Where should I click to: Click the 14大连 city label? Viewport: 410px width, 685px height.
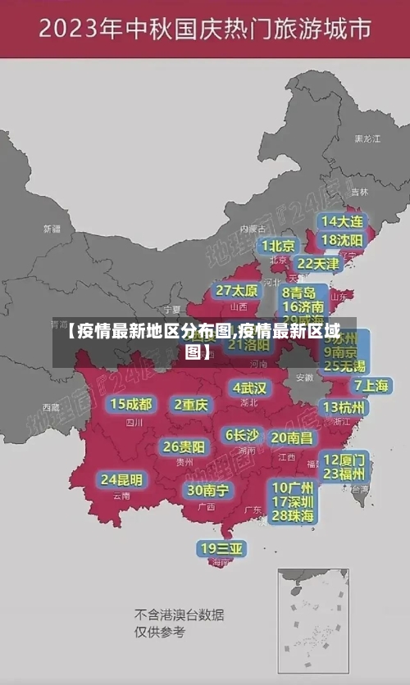pos(343,221)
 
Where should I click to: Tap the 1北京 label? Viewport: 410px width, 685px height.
pos(279,246)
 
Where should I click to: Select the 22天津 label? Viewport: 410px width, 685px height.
pos(317,264)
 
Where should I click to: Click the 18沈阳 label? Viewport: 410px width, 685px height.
pos(343,240)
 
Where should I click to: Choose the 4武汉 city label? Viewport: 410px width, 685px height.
pos(249,388)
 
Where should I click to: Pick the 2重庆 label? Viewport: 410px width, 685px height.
pos(191,404)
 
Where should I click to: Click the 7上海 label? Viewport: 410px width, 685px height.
pos(371,386)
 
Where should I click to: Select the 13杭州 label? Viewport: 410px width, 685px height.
pos(344,407)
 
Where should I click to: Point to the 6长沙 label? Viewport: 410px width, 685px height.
pos(242,435)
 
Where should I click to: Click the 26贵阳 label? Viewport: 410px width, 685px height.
pos(184,447)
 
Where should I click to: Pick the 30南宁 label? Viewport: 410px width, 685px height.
pos(207,490)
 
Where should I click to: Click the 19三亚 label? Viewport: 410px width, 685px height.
pos(221,548)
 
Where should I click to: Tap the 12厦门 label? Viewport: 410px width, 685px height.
pos(344,459)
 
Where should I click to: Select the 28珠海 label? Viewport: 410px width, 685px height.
pos(293,515)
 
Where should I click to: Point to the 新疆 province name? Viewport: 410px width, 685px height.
pos(52,229)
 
